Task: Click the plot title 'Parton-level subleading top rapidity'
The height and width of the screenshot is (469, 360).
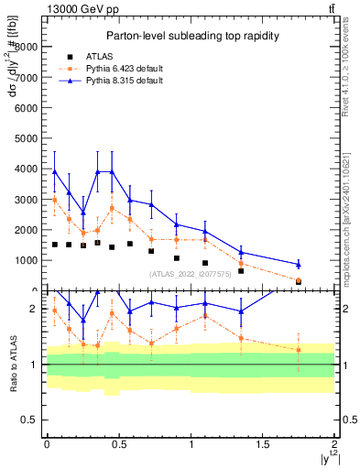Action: coord(191,36)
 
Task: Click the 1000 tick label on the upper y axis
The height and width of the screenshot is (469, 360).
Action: coord(28,260)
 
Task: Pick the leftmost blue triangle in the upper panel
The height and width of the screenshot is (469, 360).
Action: coord(55,171)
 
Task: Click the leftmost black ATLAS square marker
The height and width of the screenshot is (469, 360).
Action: coord(55,245)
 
